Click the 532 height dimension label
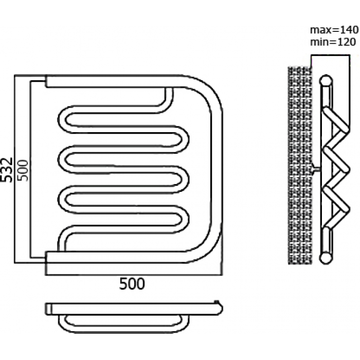(6, 170)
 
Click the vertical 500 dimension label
(23, 170)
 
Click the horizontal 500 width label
(132, 284)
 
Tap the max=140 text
(334, 30)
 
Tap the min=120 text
(333, 42)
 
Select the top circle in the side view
(326, 81)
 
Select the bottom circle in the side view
(326, 258)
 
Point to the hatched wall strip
(300, 165)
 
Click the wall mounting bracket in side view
(316, 169)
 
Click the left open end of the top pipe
(46, 81)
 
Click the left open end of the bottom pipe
(46, 257)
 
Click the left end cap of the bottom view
(48, 309)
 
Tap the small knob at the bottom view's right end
(217, 302)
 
